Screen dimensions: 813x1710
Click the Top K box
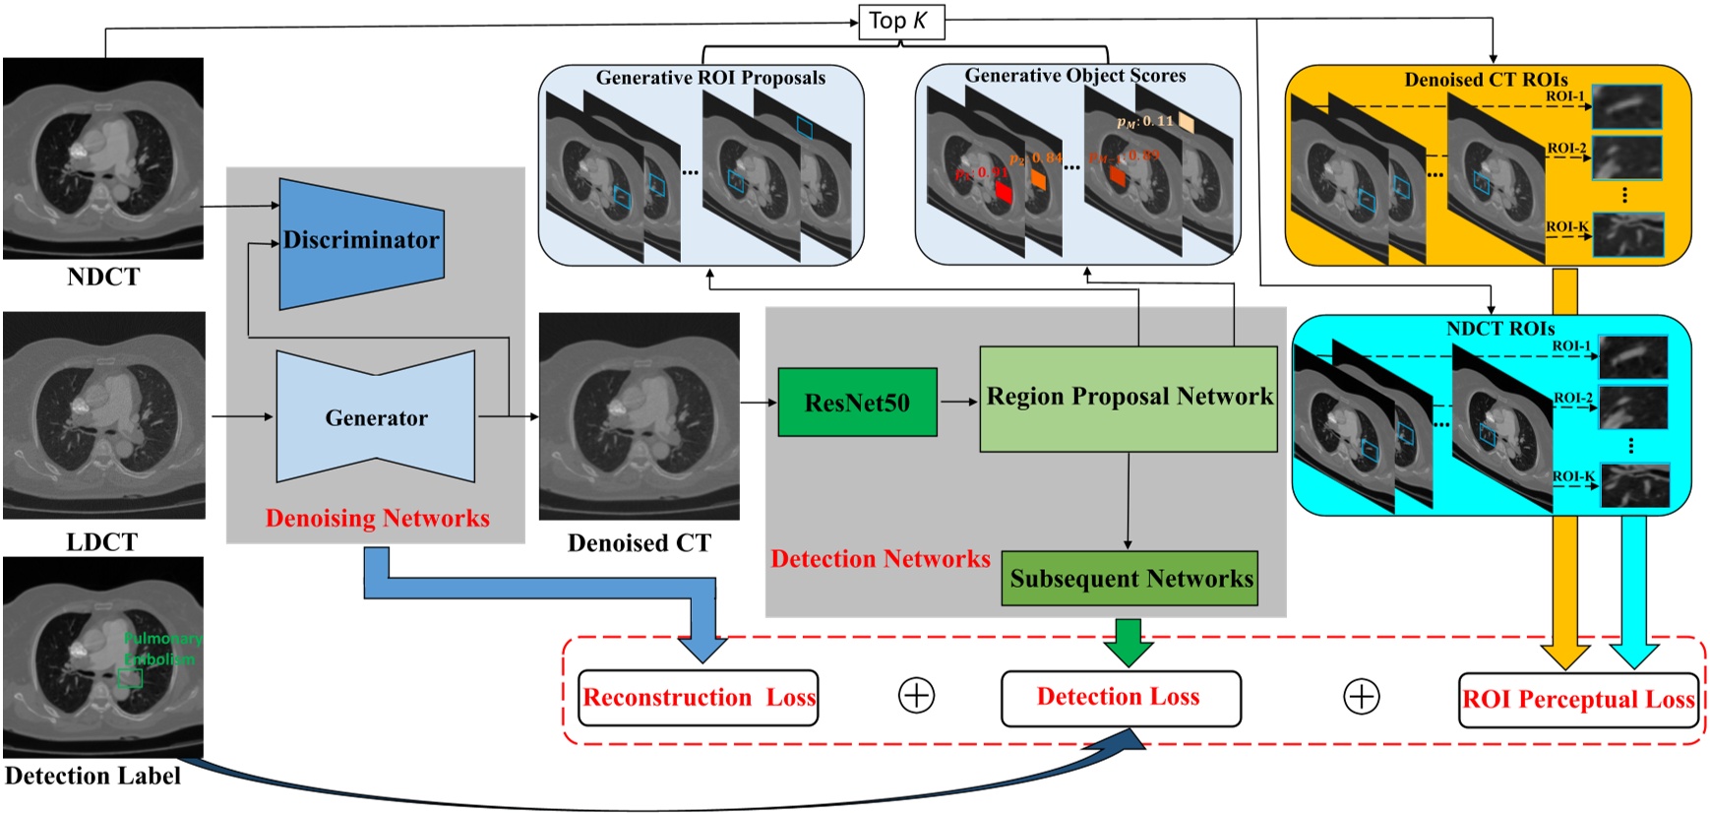900,22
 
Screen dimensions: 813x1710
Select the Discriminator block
361,241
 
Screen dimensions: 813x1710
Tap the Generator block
376,418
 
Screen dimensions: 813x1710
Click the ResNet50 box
857,403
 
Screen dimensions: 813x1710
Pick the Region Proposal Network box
1129,398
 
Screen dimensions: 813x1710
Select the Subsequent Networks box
1130,579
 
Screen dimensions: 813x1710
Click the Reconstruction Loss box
699,698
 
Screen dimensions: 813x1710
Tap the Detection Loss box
1120,698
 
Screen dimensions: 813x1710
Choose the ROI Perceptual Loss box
1578,700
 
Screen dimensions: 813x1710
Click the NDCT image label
103,277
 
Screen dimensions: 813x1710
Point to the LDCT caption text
101,542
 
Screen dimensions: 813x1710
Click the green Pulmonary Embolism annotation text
162,649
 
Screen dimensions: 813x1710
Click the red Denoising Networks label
377,519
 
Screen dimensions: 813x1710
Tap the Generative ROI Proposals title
710,78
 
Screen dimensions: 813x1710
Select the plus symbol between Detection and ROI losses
1362,697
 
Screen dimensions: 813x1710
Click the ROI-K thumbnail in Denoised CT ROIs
1627,235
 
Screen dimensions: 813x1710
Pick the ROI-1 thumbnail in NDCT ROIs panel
1633,356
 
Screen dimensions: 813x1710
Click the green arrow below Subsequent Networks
1128,642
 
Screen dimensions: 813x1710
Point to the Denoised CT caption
639,543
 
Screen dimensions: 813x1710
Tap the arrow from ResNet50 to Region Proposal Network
957,402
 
